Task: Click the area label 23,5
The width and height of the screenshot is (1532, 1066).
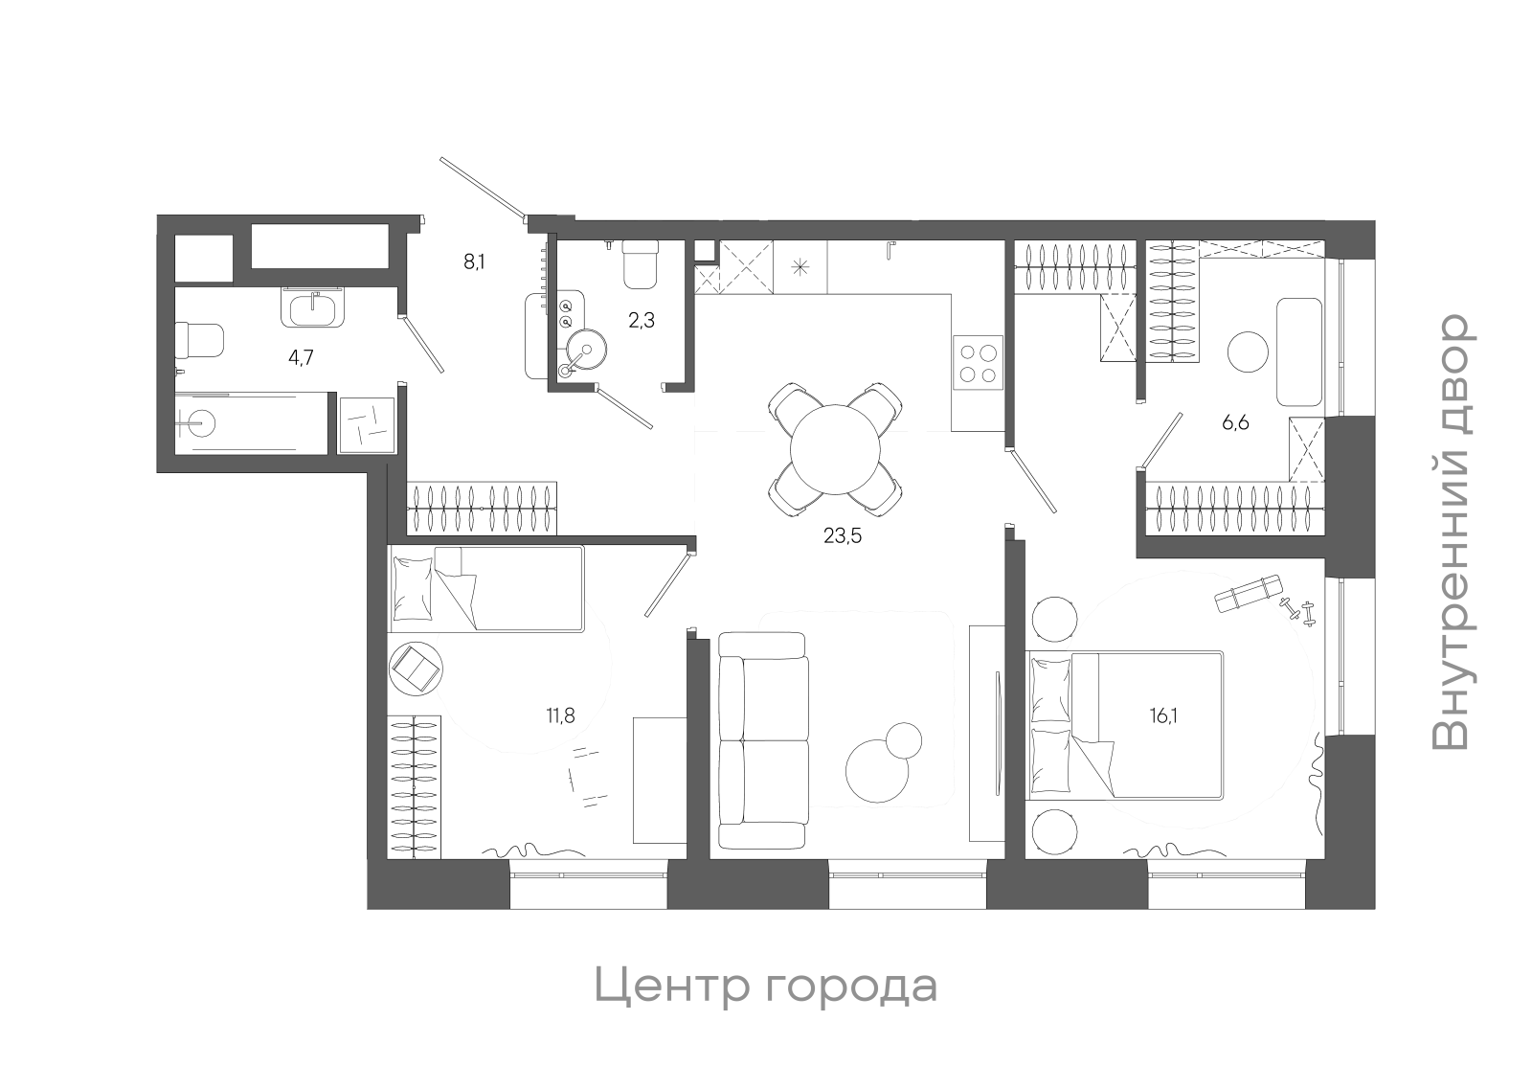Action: (x=843, y=536)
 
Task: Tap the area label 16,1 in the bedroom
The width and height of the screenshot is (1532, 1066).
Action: (x=1163, y=714)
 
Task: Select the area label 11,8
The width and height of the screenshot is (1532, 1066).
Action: (x=560, y=714)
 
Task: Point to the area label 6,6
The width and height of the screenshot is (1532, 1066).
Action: (x=1235, y=422)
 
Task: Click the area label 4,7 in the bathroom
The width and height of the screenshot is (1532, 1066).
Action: (x=302, y=358)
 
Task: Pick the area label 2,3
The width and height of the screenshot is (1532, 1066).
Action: (x=642, y=321)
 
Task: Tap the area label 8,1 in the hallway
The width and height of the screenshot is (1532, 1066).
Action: (x=474, y=261)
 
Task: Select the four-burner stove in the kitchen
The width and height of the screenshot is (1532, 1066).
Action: (x=978, y=363)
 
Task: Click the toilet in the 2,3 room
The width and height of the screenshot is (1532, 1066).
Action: (x=641, y=263)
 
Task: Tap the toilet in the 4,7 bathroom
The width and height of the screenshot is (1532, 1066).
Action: (x=199, y=340)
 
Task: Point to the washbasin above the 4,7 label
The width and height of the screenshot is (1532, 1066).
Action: (x=311, y=308)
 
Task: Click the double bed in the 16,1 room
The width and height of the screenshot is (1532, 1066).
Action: (x=1125, y=725)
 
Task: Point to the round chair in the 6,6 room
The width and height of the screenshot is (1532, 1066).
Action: (x=1250, y=352)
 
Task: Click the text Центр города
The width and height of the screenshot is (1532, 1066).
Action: (x=765, y=986)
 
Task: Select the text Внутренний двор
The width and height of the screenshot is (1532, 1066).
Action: (x=1452, y=533)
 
